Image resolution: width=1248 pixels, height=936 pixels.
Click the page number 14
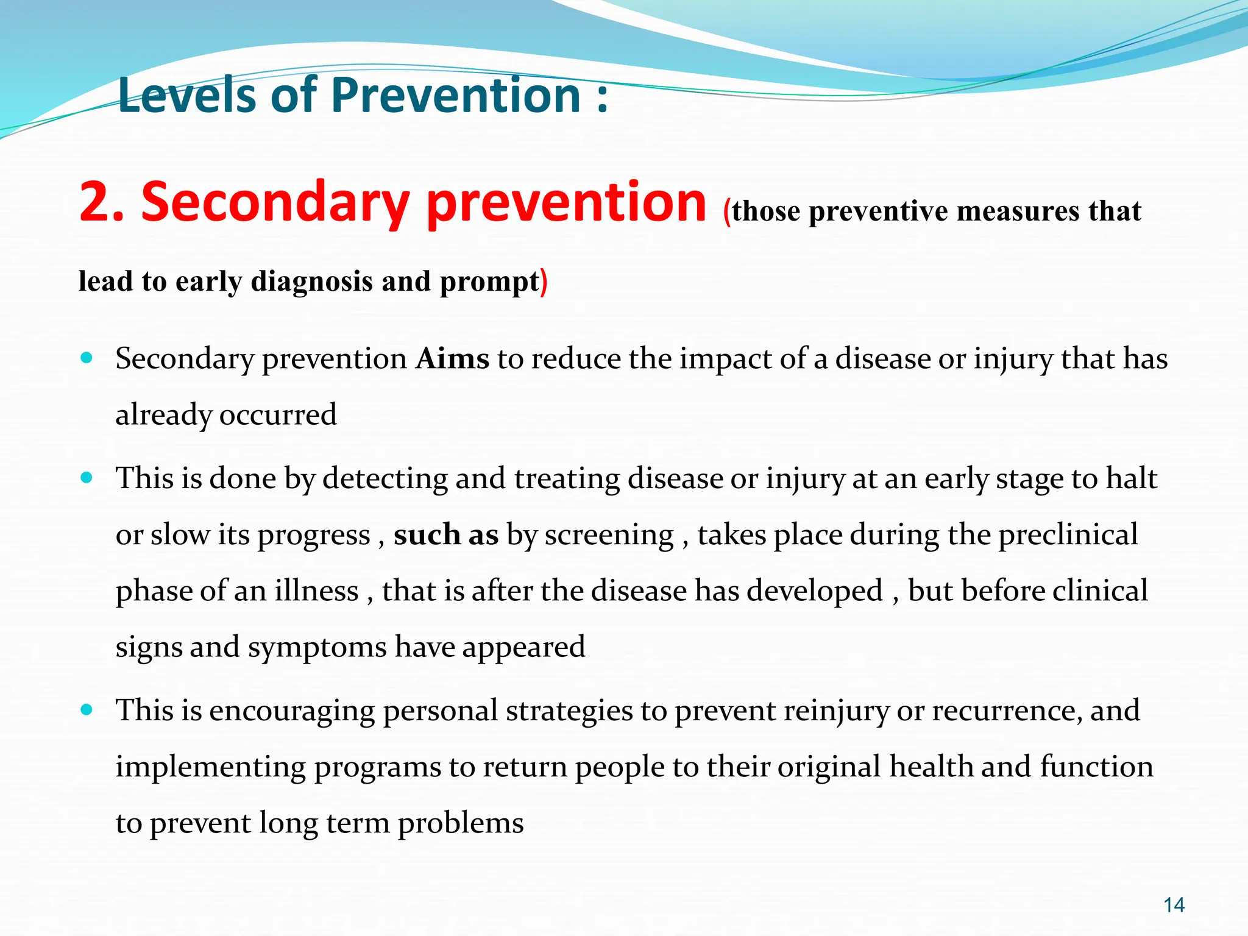tap(1174, 905)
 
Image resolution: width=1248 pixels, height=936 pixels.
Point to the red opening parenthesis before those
tap(726, 213)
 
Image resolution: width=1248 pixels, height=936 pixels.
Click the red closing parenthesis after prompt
tap(544, 282)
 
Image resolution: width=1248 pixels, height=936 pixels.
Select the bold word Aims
tap(452, 358)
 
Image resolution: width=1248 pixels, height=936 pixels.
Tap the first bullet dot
tap(87, 358)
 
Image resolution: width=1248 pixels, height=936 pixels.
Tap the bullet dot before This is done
tap(87, 478)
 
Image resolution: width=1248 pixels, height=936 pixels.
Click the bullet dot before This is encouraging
tap(87, 710)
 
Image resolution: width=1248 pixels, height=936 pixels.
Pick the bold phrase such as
tap(446, 534)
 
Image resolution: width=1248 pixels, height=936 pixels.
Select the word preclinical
tap(1068, 534)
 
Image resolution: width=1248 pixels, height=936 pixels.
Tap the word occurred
tap(278, 415)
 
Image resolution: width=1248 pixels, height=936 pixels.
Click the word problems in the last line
tap(461, 823)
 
